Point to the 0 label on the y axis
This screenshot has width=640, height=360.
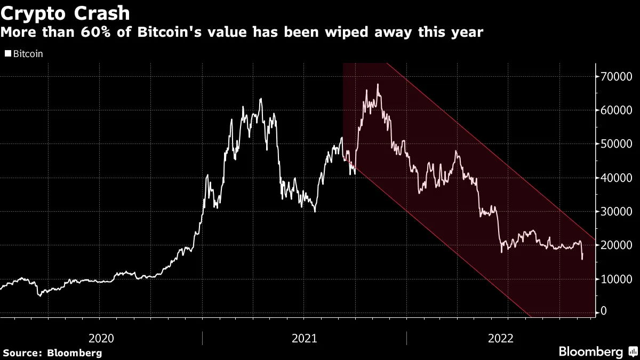click(x=603, y=311)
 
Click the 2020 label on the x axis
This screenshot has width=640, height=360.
click(x=101, y=338)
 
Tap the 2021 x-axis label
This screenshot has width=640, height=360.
click(x=304, y=338)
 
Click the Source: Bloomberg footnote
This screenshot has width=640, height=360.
click(x=52, y=353)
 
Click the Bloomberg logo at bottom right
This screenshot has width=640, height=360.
click(x=590, y=351)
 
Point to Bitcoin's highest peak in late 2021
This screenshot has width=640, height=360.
click(x=378, y=84)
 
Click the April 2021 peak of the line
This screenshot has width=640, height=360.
click(x=260, y=99)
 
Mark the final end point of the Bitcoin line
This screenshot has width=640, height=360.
click(x=582, y=259)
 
